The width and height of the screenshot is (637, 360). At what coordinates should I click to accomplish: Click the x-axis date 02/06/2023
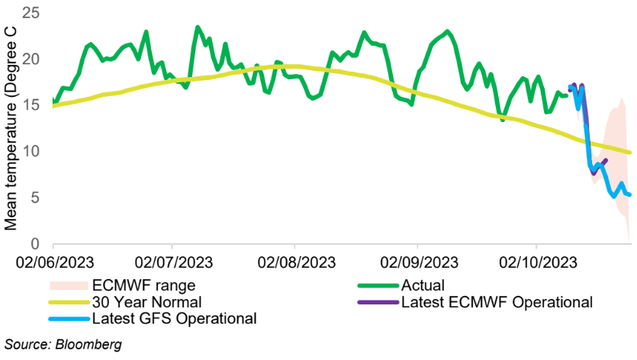pos(53,263)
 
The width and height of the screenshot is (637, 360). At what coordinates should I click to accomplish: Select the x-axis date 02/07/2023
pos(174,263)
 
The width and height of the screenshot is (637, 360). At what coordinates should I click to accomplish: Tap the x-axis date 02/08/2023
pos(295,263)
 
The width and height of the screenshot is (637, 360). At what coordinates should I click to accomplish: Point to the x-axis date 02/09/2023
pos(417,263)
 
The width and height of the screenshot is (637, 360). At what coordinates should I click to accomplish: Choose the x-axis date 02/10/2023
pos(536,263)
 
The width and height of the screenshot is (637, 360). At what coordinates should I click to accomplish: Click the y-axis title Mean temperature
pos(11,126)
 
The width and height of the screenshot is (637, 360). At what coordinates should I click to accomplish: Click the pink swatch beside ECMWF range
pos(67,285)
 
